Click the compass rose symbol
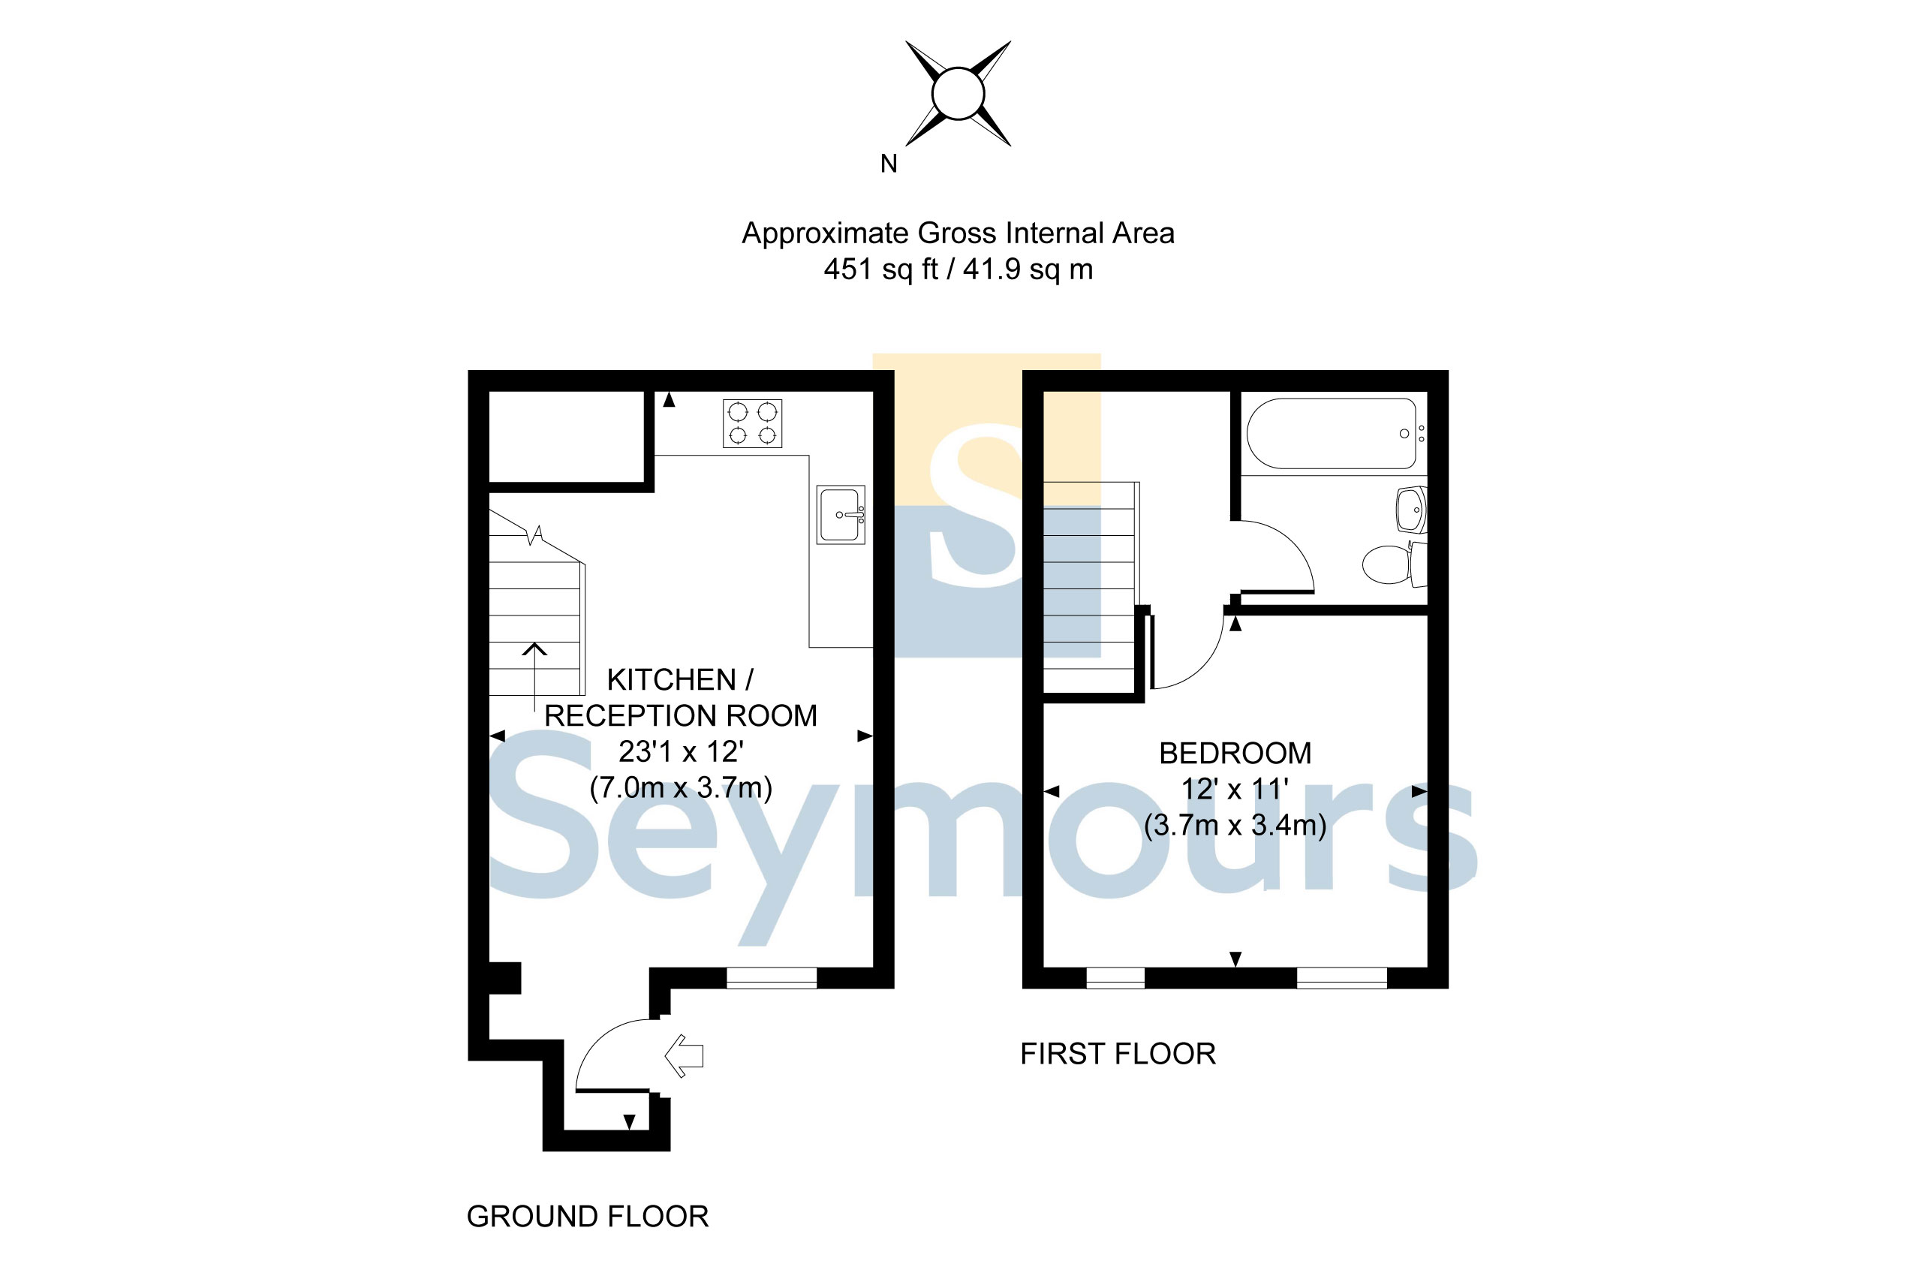click(x=958, y=94)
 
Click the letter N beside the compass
click(x=889, y=164)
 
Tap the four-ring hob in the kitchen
click(x=752, y=423)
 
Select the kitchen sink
click(x=841, y=515)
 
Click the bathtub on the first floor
click(x=1332, y=434)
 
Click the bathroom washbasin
click(x=1411, y=510)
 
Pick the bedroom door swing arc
click(x=1192, y=655)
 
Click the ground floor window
click(x=772, y=978)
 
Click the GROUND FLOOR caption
click(x=588, y=1217)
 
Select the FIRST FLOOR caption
click(x=1118, y=1054)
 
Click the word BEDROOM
click(x=1235, y=754)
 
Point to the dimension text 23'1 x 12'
click(x=681, y=752)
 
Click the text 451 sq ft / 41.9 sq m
click(x=958, y=269)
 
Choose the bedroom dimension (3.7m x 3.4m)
click(x=1235, y=825)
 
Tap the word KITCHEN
click(x=671, y=679)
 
